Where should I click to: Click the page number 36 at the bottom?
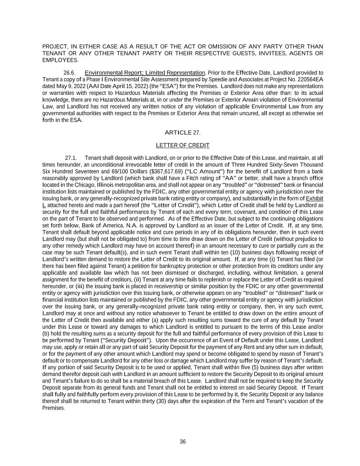[x=183, y=442]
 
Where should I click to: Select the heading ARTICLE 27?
[x=183, y=132]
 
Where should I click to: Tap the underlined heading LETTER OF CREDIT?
[x=183, y=145]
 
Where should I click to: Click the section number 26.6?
[x=69, y=73]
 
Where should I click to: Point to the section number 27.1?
[x=71, y=158]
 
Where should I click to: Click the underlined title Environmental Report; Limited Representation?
[x=145, y=73]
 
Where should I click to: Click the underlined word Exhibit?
[x=314, y=199]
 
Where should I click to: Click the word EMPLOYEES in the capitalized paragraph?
[x=60, y=60]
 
